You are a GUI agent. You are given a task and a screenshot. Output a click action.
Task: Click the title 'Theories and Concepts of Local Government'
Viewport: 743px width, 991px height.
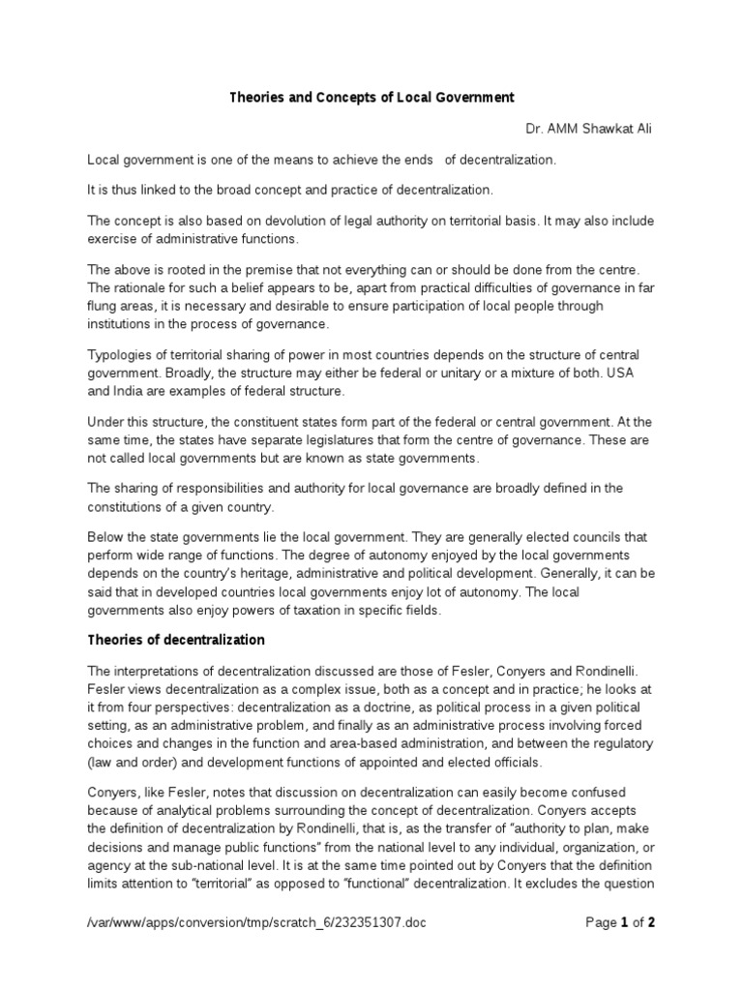(x=371, y=98)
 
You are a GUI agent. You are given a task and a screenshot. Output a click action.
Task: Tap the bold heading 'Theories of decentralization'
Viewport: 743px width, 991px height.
(x=176, y=641)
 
